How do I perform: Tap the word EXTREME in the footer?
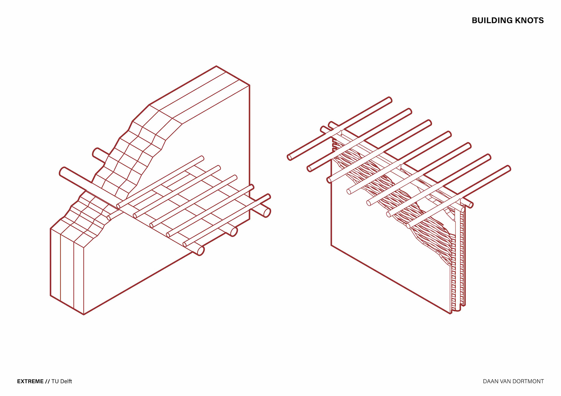(x=30, y=381)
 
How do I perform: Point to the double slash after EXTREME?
(x=47, y=381)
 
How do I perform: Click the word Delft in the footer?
(x=66, y=381)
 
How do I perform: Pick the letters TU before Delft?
(x=55, y=381)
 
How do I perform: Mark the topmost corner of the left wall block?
(x=216, y=66)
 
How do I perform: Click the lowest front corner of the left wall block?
(x=84, y=314)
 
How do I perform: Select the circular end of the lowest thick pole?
(x=200, y=251)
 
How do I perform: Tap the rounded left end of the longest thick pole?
(x=62, y=172)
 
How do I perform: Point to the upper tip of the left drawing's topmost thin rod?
(x=202, y=158)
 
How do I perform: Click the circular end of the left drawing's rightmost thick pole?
(x=267, y=213)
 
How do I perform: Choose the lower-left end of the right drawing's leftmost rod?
(x=290, y=158)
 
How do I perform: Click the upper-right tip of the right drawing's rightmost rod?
(x=509, y=168)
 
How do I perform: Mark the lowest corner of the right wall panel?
(x=451, y=313)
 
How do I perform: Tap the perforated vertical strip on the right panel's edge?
(x=453, y=274)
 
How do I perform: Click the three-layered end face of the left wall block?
(x=67, y=271)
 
